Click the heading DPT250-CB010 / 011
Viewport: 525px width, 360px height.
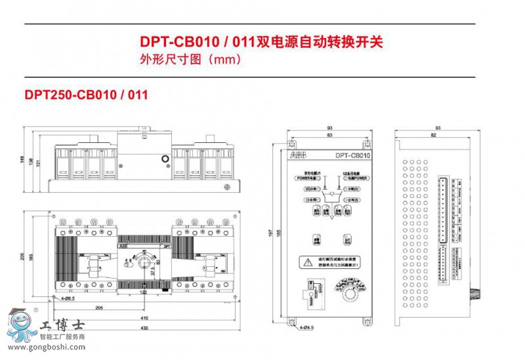click(85, 94)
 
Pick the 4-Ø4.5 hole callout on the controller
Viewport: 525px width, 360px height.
click(308, 326)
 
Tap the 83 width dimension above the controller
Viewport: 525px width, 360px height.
click(329, 135)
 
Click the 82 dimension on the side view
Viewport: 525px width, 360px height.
click(433, 135)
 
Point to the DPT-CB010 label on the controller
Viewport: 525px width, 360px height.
click(353, 156)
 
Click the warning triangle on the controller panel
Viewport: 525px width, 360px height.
click(307, 262)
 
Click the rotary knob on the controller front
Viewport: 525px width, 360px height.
click(346, 291)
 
